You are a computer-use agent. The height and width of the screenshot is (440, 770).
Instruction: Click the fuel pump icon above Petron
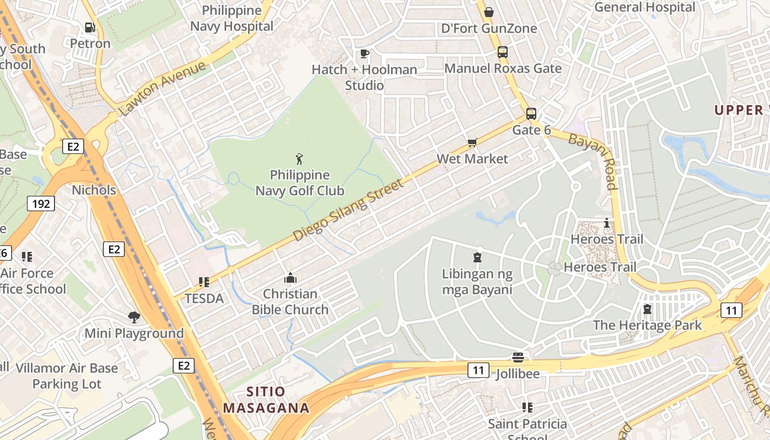click(90, 27)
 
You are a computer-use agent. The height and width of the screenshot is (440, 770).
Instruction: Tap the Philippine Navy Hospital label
click(232, 18)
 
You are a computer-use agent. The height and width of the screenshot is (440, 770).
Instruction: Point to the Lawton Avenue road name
click(162, 89)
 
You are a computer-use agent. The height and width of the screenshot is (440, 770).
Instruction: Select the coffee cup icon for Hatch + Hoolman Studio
click(364, 53)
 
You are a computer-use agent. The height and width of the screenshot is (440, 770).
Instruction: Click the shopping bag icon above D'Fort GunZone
click(488, 12)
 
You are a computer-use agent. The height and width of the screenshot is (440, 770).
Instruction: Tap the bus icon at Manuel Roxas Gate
click(503, 52)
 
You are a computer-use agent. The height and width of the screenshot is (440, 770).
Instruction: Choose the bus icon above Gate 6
click(531, 114)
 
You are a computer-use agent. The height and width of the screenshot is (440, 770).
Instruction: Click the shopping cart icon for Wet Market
click(472, 143)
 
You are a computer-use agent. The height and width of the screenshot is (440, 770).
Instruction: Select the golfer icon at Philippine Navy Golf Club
click(299, 159)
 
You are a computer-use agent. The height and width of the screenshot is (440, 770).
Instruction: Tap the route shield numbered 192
click(41, 204)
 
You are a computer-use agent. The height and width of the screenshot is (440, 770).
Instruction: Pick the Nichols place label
click(94, 190)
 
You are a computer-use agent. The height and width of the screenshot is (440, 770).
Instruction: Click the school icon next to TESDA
click(204, 282)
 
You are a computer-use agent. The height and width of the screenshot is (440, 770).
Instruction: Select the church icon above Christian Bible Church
click(290, 278)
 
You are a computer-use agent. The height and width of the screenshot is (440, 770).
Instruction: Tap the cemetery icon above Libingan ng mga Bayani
click(477, 257)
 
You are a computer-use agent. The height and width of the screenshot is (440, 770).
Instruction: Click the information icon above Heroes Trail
click(607, 223)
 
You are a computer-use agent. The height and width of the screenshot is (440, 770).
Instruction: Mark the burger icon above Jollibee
click(518, 358)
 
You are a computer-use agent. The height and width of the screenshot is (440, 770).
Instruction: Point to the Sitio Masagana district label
click(266, 400)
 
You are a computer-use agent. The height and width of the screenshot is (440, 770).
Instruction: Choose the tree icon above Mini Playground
click(134, 317)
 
